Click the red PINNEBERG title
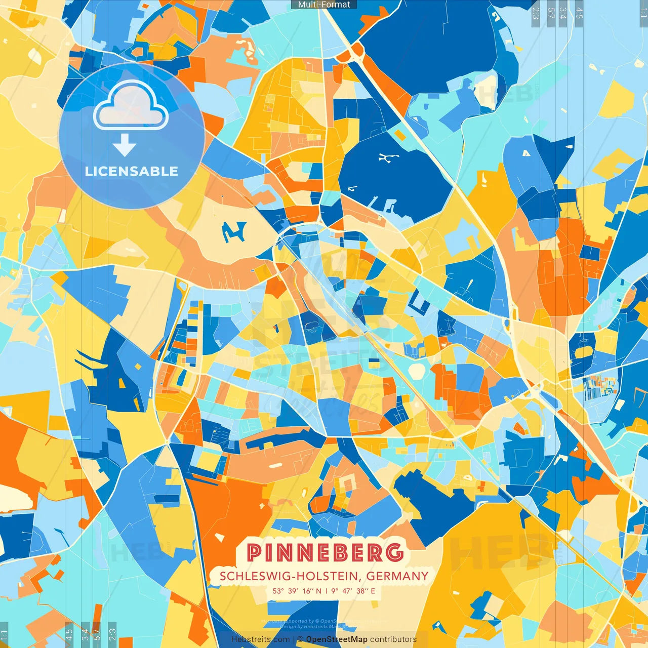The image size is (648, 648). (x=325, y=552)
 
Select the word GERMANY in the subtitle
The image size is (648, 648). (x=397, y=576)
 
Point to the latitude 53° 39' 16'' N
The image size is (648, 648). (x=297, y=591)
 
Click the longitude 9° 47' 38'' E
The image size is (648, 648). (x=353, y=591)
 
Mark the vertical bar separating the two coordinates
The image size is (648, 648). (x=327, y=591)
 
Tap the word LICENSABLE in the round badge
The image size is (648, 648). (x=132, y=171)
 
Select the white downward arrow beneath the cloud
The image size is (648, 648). (x=125, y=145)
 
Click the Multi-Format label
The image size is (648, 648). (x=324, y=5)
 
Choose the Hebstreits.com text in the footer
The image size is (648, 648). (x=260, y=639)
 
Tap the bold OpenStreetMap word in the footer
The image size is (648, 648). (x=337, y=639)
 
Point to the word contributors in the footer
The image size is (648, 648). (x=393, y=639)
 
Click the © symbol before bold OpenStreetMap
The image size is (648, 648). (x=300, y=639)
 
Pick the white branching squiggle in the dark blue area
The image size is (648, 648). (x=388, y=158)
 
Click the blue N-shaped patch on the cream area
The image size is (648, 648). (x=234, y=231)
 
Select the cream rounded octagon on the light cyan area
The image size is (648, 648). (x=416, y=371)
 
